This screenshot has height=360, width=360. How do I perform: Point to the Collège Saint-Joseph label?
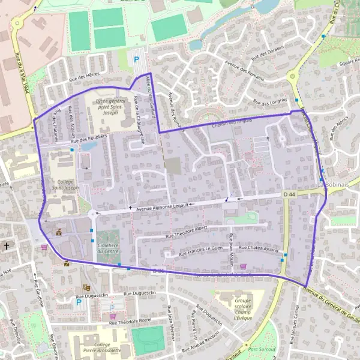(67, 184)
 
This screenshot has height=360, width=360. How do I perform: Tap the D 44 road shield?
(290, 195)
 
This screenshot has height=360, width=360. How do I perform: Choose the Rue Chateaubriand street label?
(260, 248)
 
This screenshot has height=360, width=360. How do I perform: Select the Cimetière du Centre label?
(109, 249)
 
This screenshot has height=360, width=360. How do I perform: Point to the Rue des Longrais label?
(270, 103)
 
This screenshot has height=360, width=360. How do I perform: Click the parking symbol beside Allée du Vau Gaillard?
(136, 60)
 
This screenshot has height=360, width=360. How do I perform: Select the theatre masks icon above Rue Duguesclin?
(86, 288)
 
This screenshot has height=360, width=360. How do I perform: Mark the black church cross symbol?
(7, 245)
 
